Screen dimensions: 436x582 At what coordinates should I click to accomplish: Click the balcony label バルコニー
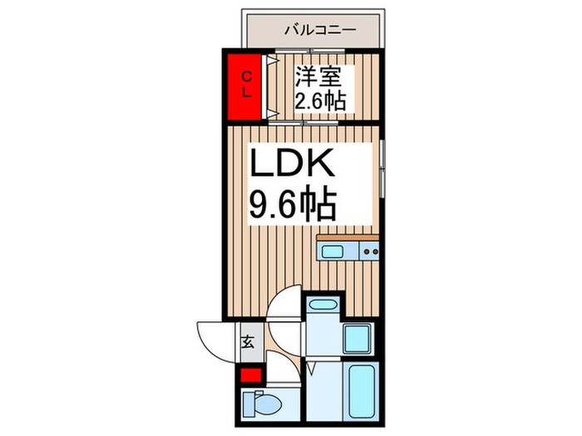319,30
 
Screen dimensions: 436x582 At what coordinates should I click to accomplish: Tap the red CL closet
244,85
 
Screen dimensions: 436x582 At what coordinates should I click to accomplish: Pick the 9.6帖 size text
293,203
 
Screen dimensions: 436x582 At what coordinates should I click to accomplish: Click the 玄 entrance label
247,341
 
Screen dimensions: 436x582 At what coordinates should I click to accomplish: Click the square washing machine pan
359,339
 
